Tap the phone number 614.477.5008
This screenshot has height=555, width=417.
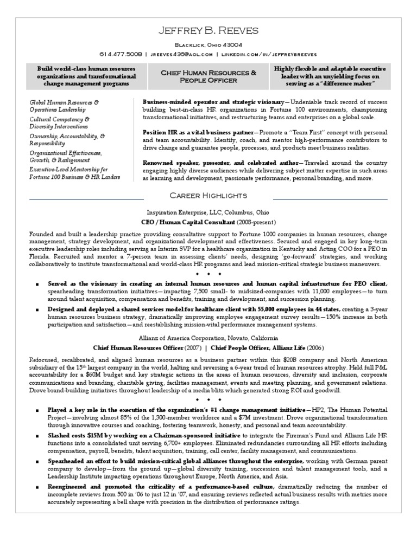[x=121, y=54]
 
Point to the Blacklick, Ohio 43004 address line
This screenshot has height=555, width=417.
[x=208, y=45]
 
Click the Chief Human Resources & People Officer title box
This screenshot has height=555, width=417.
[x=208, y=76]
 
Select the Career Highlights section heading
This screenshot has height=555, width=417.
[x=208, y=195]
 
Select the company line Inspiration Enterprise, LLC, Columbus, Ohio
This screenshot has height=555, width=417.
[x=208, y=212]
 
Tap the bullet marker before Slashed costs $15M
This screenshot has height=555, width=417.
[x=36, y=436]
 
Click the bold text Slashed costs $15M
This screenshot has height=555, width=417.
[x=77, y=435]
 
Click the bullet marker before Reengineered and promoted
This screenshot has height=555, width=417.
[x=36, y=487]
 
